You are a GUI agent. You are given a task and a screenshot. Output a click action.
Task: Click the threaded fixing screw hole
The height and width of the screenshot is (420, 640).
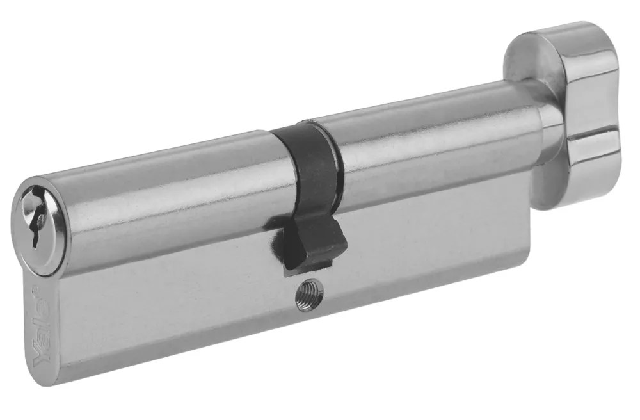tap(309, 296)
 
